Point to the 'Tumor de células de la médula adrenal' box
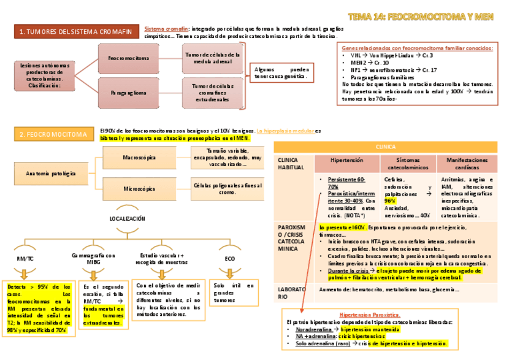tap(212, 58)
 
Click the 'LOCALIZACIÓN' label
tap(127, 218)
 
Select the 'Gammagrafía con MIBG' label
tap(93, 258)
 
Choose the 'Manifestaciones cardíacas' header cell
tap(472, 163)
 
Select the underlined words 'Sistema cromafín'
tap(166, 29)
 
